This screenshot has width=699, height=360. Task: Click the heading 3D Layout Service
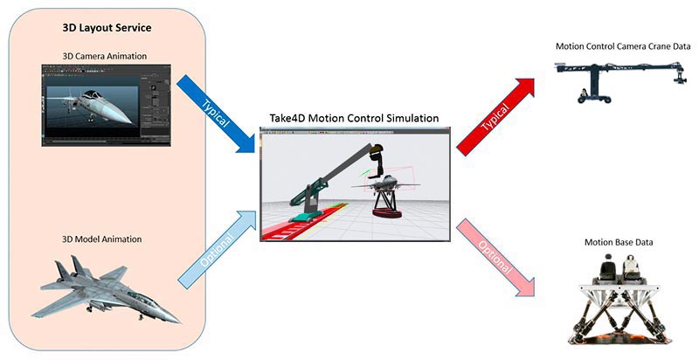tap(107, 28)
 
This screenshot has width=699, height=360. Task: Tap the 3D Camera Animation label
tap(104, 56)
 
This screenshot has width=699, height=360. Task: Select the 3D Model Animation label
tap(101, 239)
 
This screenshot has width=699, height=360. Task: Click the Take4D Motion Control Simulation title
tap(354, 118)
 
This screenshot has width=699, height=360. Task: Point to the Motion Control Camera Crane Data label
tap(623, 46)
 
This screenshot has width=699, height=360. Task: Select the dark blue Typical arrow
tap(217, 114)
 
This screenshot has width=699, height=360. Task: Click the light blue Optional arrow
tap(217, 249)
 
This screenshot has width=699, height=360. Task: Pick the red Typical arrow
tap(495, 117)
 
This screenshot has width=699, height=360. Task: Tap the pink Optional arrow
tap(495, 257)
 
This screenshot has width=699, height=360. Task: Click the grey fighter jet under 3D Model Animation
tap(105, 289)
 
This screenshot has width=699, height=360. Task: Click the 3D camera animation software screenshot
tap(106, 105)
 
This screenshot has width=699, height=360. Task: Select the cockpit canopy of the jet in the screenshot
tap(93, 95)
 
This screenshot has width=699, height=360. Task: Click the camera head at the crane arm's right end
tap(680, 76)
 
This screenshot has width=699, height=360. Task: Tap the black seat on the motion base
tap(606, 267)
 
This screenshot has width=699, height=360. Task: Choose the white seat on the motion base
tap(631, 267)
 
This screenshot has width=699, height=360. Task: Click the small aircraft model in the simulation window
tap(384, 182)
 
